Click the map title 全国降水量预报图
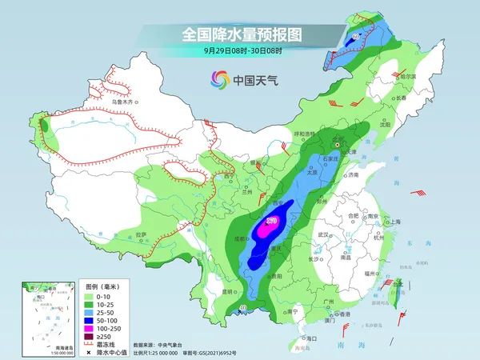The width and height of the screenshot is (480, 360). [x=239, y=34]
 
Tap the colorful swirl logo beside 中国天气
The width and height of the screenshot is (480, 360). [x=219, y=79]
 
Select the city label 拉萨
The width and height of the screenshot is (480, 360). [x=142, y=234]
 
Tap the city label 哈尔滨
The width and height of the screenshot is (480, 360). [x=407, y=75]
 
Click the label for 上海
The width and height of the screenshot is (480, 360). [x=393, y=222]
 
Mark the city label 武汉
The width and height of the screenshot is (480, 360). [x=323, y=234]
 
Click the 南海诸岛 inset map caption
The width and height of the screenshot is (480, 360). [x=38, y=345]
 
